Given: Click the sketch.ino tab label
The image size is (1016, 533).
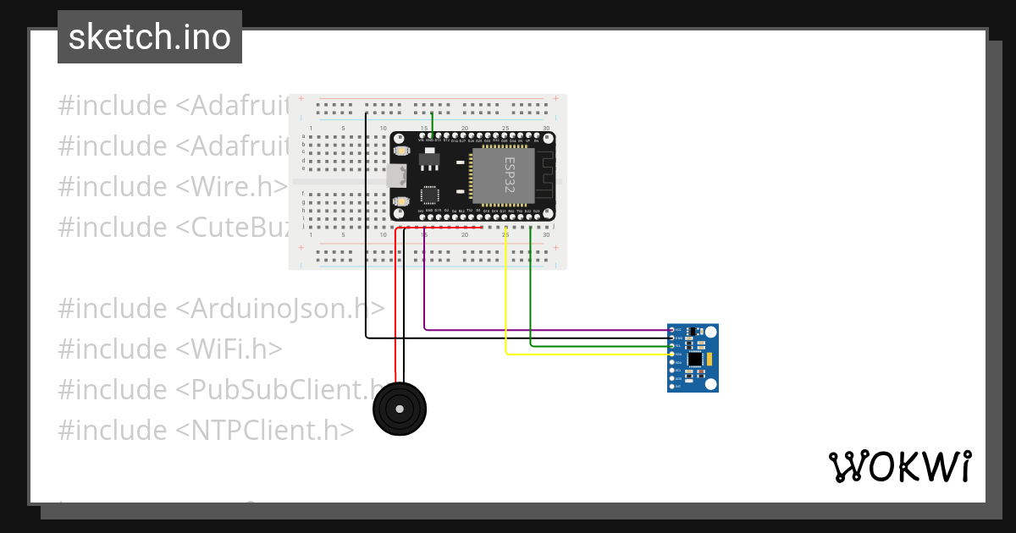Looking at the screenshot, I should (150, 37).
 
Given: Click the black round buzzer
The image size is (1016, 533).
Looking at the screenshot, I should (400, 409).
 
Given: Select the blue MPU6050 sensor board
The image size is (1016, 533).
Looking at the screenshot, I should (693, 358).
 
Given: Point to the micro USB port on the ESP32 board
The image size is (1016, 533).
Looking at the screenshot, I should (395, 175).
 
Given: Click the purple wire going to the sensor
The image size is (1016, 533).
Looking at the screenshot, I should (542, 329).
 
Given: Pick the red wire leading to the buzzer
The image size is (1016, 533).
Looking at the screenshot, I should (395, 305).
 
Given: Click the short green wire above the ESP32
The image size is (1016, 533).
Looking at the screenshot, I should (433, 123).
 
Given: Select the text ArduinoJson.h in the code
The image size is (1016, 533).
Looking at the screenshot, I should (280, 308).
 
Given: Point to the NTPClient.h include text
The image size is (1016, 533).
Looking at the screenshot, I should (264, 430).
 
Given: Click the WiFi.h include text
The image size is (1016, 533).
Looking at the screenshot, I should (229, 349).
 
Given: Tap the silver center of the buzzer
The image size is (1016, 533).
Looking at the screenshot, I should (400, 409).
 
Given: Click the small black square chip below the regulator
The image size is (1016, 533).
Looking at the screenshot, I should (429, 195).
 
